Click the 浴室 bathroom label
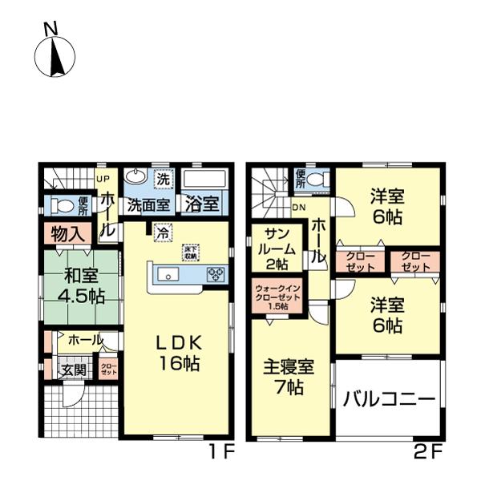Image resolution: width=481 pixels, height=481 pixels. coord(202,204)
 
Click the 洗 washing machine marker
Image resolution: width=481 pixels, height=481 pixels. coord(164,179)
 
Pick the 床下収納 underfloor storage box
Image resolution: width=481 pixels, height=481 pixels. coord(190,252)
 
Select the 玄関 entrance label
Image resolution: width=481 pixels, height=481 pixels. coord(75,371)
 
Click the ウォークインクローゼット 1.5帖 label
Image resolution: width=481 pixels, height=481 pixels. coord(277,296)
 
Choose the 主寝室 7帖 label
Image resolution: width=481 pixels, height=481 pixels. coord(289,378)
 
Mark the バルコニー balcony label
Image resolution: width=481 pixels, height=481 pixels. coord(389,398)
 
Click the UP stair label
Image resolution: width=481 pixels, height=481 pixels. coord(102,179)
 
